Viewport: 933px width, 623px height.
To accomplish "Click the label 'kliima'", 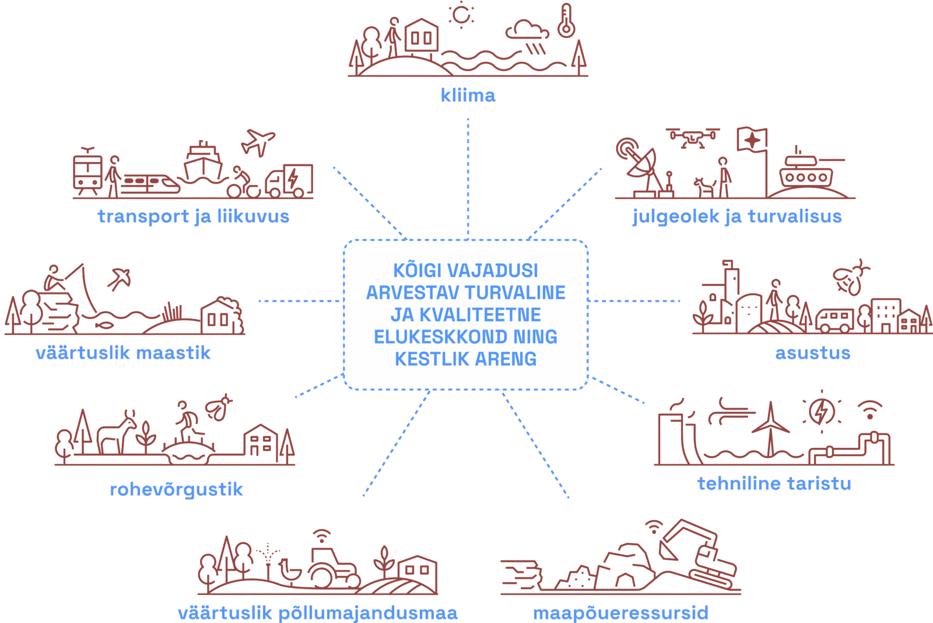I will click(468, 95).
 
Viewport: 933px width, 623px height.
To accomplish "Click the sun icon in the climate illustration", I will click(461, 15).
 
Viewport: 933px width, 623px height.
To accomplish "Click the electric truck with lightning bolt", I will click(289, 181).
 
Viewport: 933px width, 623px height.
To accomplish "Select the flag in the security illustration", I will click(752, 140).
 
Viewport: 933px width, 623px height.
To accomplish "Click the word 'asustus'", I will click(812, 353).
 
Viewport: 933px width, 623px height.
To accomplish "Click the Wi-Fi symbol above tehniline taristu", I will click(869, 409).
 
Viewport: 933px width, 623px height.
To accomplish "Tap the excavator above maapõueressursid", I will click(697, 551).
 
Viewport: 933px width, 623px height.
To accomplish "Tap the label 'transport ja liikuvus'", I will click(193, 216).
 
